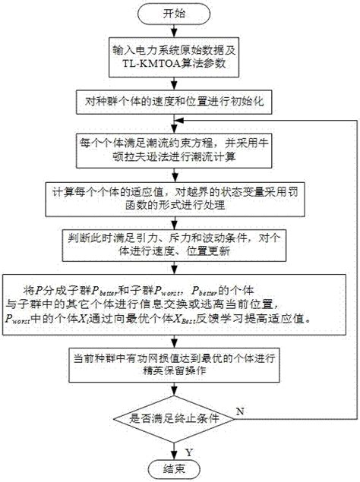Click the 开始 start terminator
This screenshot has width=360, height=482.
(x=176, y=14)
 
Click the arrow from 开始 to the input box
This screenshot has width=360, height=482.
(x=175, y=32)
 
